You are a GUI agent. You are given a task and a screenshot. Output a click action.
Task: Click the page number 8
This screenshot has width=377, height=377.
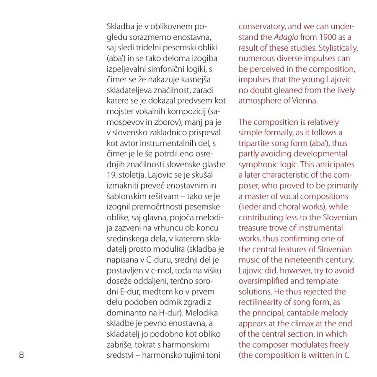tap(21, 355)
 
